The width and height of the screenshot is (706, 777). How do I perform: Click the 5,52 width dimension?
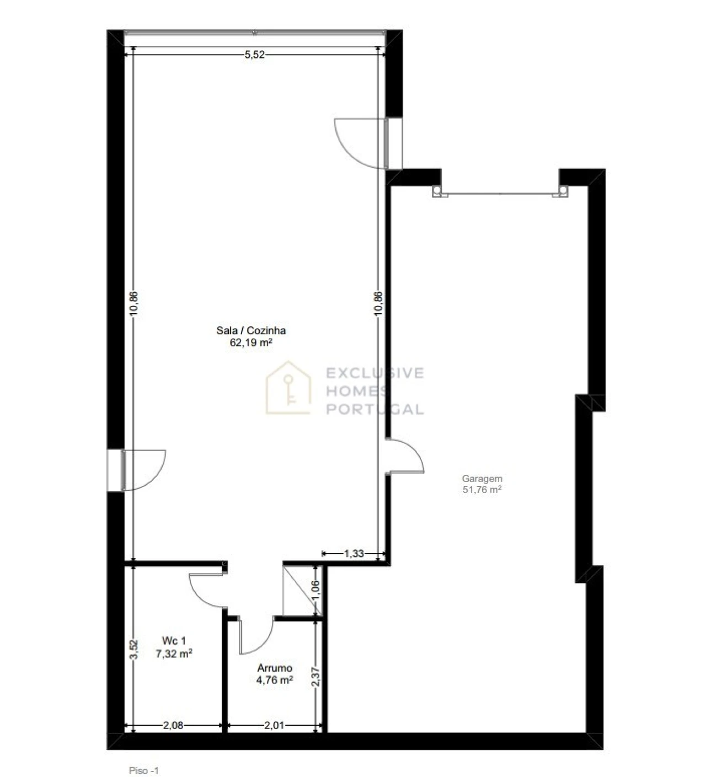254,55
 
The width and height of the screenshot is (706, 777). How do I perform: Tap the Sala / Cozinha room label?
251,330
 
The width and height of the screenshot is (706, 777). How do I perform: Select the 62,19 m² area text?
251,342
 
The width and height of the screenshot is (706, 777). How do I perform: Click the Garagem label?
482,478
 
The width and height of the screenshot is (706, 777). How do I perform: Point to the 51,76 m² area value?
482,489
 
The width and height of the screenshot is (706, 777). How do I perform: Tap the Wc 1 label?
174,641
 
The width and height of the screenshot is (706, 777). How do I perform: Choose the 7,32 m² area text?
174,653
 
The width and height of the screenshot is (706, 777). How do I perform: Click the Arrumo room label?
274,668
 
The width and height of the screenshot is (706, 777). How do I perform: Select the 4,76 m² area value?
274,679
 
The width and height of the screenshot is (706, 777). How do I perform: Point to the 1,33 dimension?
354,554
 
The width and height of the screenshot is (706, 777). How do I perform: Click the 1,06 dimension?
316,590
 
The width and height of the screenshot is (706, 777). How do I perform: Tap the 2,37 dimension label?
316,677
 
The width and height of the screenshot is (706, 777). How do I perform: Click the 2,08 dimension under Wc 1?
173,725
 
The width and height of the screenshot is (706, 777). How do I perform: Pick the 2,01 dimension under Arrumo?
274,725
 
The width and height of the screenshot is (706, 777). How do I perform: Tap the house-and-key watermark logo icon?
288,388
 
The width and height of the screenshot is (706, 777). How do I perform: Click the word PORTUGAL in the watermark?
375,409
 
